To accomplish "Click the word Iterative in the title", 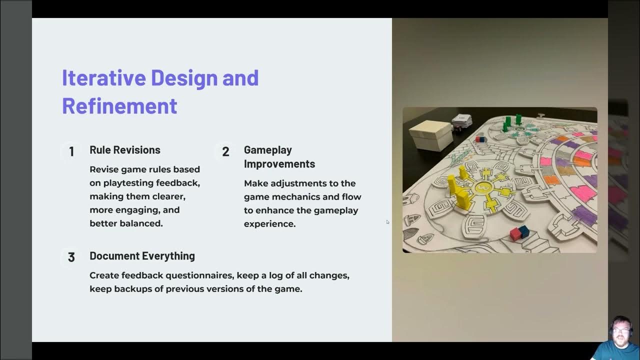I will tap(103, 78).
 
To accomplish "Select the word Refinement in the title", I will tap(119, 106).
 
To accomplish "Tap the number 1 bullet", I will tap(71, 151).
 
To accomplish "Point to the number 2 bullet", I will tap(225, 151).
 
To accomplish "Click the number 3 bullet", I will tap(71, 257).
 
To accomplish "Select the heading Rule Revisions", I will tap(125, 150).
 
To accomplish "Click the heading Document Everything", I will tap(142, 256).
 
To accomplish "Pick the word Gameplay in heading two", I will tap(267, 150).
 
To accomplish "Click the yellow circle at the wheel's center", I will tap(482, 187).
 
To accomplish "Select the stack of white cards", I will tap(462, 120).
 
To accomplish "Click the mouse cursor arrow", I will tap(387, 222).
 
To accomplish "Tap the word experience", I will tap(269, 224).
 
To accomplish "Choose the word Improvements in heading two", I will tap(279, 164).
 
